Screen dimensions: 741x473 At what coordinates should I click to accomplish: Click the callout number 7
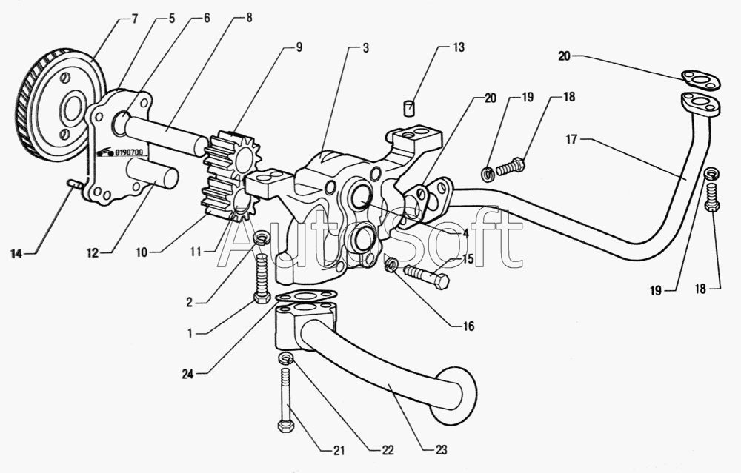[x=134, y=19]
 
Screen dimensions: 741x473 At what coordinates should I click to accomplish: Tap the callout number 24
[x=187, y=375]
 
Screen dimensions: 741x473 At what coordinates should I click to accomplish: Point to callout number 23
[x=442, y=449]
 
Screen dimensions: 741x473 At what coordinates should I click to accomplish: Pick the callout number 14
[x=16, y=254]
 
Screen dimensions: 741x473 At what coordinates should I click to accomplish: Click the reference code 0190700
[x=130, y=153]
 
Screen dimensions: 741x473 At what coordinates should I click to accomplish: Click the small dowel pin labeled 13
[x=408, y=109]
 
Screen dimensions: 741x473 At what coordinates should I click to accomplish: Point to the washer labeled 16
[x=391, y=265]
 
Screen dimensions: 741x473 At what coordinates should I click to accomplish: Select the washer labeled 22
[x=285, y=359]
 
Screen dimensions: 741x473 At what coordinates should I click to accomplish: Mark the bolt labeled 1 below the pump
[x=261, y=277]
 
